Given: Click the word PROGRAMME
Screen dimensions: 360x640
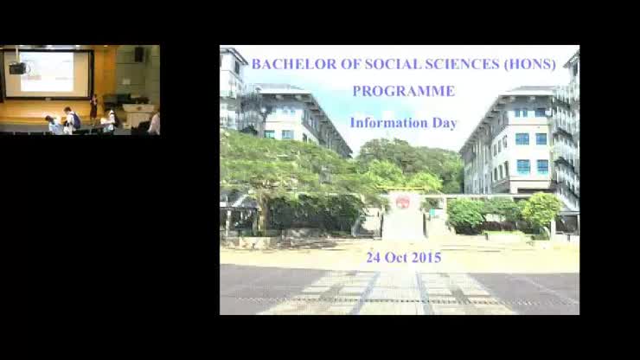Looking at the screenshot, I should tap(403, 91).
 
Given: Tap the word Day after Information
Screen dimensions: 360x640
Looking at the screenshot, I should tap(445, 122).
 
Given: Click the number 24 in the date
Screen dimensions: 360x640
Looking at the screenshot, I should tap(373, 257).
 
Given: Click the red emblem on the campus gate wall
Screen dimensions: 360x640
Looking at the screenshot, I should tap(402, 202).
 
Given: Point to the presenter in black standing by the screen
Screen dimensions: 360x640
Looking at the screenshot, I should tap(93, 106).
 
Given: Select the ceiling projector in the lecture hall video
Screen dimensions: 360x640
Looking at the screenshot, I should tap(17, 67).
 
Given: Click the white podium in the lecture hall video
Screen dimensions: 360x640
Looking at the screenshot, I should tap(136, 115).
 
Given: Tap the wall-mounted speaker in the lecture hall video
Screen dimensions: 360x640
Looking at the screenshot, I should tap(138, 55).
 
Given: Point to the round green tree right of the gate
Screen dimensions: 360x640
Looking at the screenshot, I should tap(541, 209).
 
